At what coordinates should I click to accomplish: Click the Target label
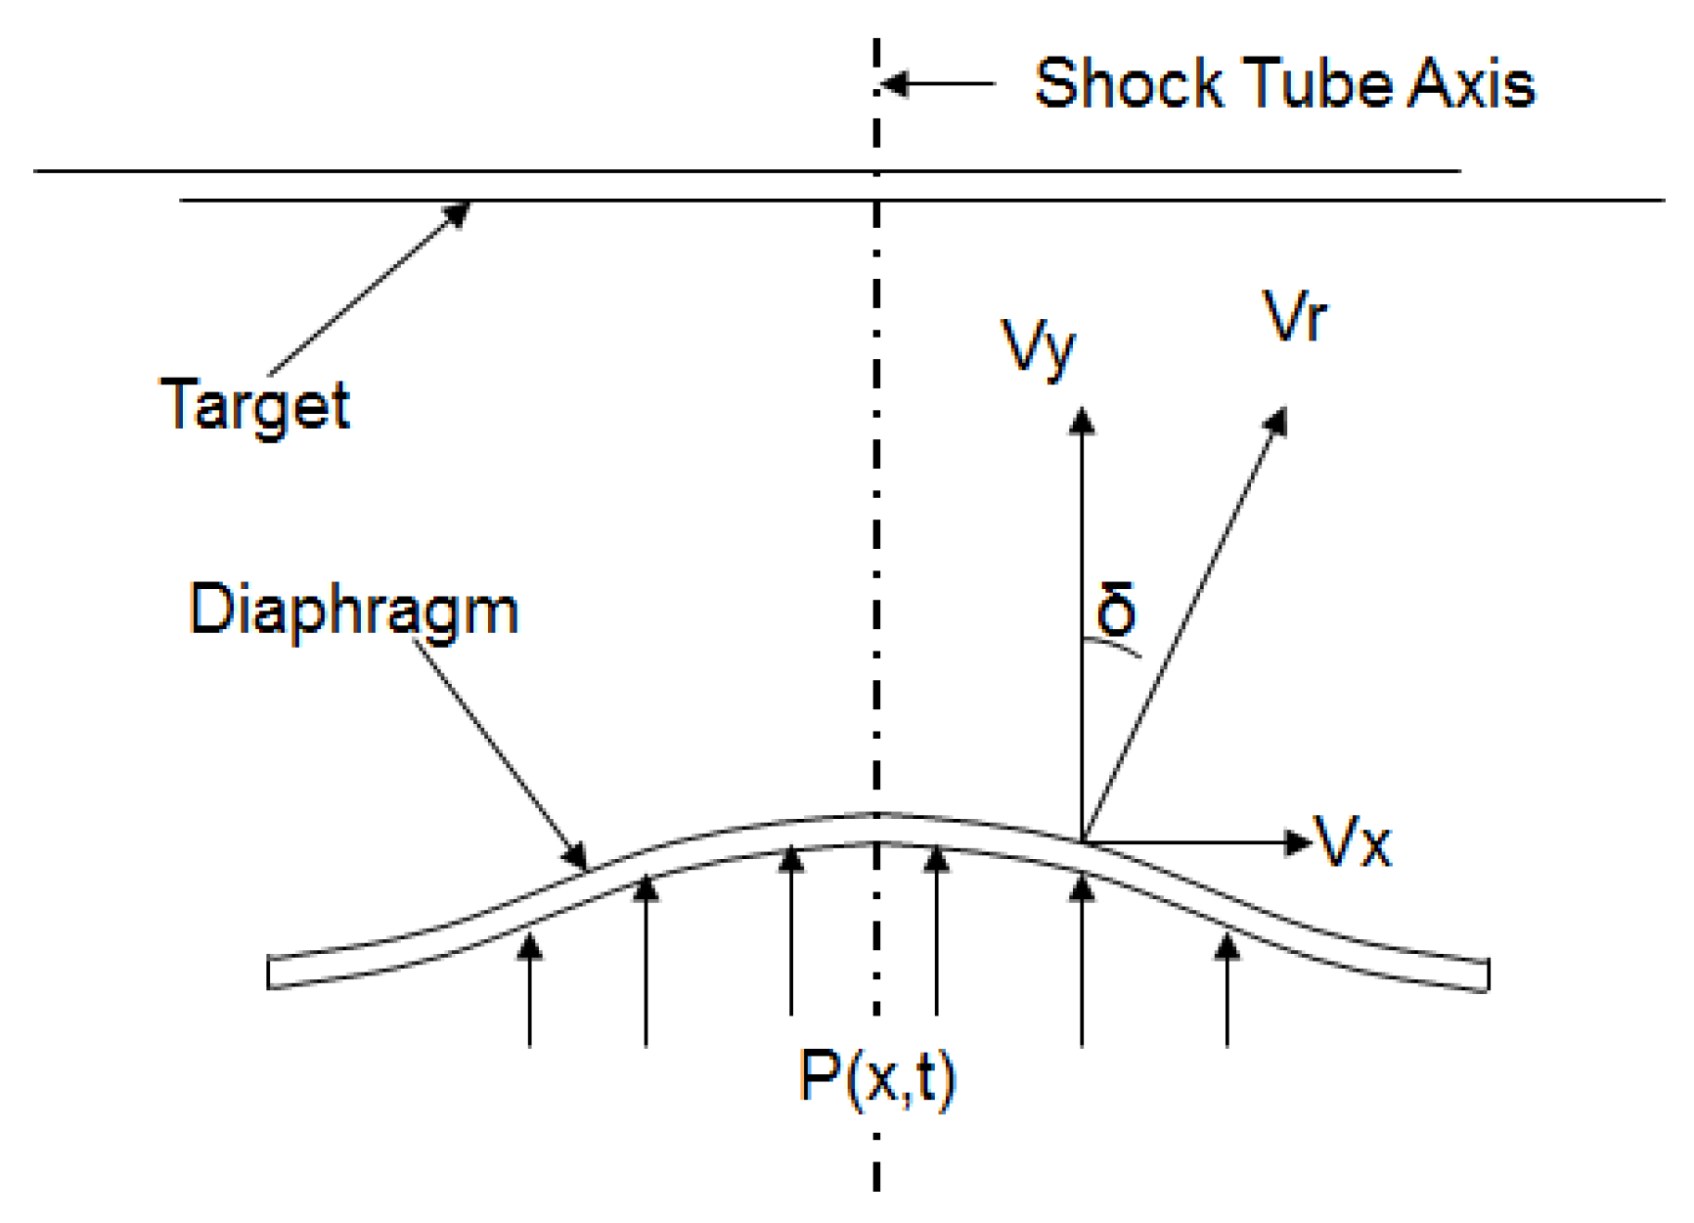(254, 405)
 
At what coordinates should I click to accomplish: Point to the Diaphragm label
(353, 611)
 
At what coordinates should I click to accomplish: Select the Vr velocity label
(1294, 316)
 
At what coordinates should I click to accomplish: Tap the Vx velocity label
(1353, 842)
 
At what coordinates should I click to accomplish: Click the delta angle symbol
(1116, 609)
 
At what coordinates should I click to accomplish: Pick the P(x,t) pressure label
(877, 1078)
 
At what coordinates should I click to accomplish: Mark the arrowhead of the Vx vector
(1299, 841)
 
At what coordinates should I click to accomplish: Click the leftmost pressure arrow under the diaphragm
(530, 988)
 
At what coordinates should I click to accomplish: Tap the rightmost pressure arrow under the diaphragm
(1227, 988)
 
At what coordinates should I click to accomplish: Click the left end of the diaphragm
(270, 973)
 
